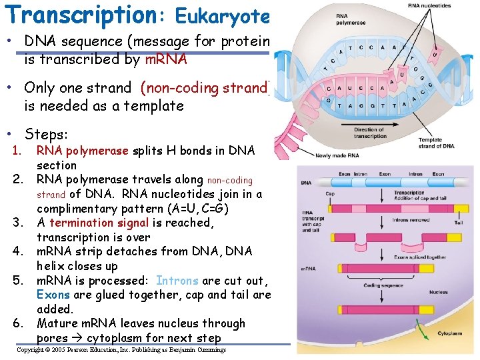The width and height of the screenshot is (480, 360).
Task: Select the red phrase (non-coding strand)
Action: pos(203,88)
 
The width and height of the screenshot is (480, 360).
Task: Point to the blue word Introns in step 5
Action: pos(177,281)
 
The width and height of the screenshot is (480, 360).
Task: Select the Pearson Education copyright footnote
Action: pos(121,350)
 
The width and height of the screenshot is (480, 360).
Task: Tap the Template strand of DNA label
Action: pos(437,143)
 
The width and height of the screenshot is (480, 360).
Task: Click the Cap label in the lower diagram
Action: pos(330,195)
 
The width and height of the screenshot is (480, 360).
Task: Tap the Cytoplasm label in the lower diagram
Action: pos(449,334)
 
